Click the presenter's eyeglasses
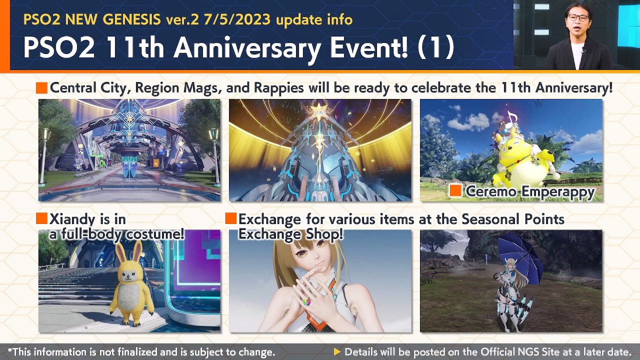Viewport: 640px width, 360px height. [577, 17]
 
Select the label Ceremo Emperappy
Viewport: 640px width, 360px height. [530, 191]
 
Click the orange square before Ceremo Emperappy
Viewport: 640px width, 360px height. [455, 190]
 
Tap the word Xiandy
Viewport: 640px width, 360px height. [73, 219]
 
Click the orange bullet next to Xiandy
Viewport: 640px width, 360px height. [41, 218]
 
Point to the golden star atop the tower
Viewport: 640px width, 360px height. [319, 109]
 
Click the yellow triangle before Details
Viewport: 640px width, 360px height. [337, 352]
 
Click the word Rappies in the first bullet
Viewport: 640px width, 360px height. [278, 88]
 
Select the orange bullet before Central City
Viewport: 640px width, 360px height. [41, 88]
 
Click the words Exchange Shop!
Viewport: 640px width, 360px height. [290, 233]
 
